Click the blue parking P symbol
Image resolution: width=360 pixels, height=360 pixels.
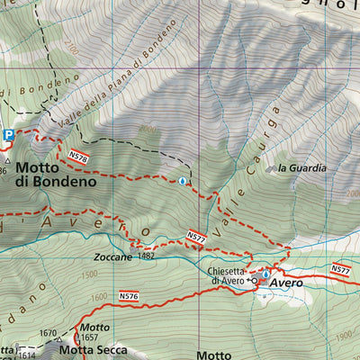pyautogui.click(x=8, y=135)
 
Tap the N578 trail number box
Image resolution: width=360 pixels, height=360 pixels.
pyautogui.click(x=78, y=157)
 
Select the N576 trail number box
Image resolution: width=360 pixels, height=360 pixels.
pyautogui.click(x=129, y=294)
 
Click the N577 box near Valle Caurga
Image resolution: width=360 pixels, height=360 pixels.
pyautogui.click(x=196, y=237)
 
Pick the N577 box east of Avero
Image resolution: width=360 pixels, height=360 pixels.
pyautogui.click(x=340, y=269)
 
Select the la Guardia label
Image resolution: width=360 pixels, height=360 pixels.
pyautogui.click(x=301, y=168)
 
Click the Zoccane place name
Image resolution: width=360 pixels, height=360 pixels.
pyautogui.click(x=112, y=256)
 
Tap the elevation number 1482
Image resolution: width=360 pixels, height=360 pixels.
pyautogui.click(x=148, y=256)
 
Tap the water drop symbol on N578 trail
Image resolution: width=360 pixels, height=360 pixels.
pyautogui.click(x=183, y=181)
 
